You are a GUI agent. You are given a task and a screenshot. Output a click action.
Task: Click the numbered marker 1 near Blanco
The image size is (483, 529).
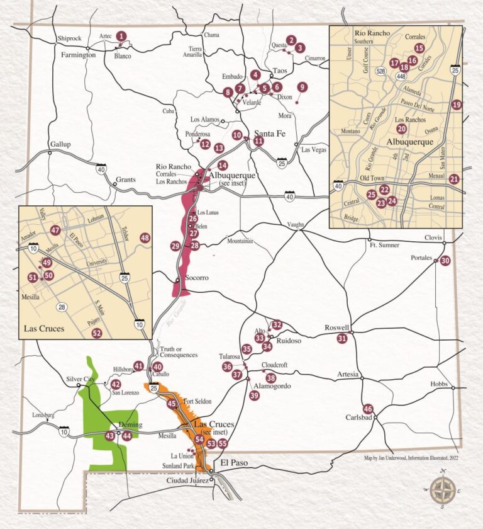(x=121, y=37)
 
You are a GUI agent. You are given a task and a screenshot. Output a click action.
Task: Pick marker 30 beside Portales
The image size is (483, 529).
(x=445, y=261)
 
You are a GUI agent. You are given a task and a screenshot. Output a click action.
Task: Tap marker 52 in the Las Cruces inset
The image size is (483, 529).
(x=96, y=333)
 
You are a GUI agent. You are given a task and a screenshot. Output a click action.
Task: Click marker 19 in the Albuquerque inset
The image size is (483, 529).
(x=457, y=105)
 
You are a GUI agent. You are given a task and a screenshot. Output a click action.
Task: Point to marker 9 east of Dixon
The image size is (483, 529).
(x=303, y=87)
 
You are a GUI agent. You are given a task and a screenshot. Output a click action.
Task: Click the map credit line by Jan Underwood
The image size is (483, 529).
(x=411, y=458)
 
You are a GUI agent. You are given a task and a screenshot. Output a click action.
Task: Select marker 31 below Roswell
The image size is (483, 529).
(x=342, y=339)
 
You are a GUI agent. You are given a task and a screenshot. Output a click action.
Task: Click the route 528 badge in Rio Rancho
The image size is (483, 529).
(x=380, y=72)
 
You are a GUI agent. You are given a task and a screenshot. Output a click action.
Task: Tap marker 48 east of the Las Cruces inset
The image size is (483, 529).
(x=145, y=238)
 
